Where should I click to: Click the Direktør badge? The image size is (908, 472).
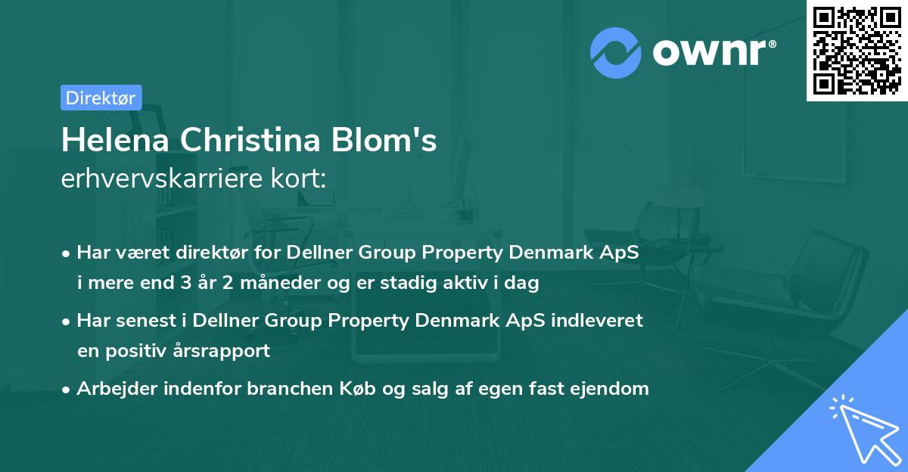click(101, 98)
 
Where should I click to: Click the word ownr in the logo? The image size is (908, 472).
click(714, 51)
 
